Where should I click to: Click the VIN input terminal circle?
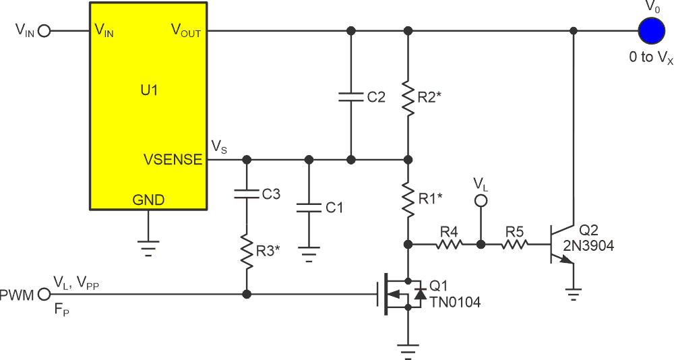44,31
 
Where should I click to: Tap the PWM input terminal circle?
44,294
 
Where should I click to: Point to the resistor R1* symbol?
408,200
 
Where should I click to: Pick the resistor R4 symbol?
448,244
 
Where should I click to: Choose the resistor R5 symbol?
515,244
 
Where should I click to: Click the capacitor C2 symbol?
350,96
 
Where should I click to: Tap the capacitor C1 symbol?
309,207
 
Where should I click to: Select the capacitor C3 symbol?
247,195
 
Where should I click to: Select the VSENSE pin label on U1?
173,160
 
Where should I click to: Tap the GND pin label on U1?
148,200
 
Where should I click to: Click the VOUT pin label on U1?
185,31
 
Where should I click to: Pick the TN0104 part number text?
456,303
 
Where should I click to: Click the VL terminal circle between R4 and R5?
481,200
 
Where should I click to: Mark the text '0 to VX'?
650,58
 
